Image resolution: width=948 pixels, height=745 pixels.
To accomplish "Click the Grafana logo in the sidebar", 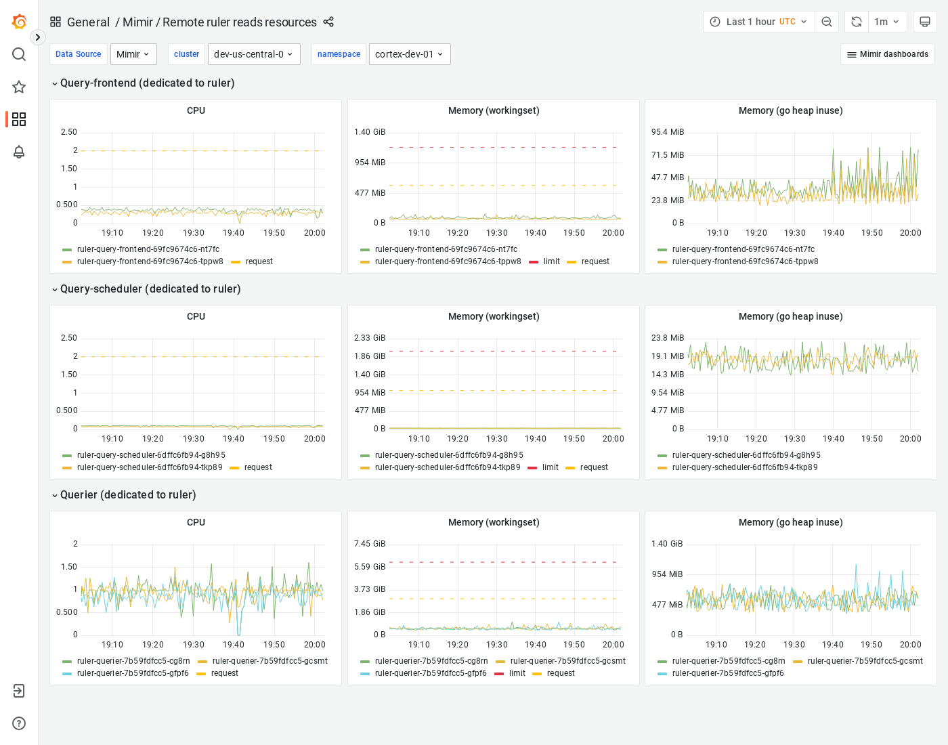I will click(x=19, y=22).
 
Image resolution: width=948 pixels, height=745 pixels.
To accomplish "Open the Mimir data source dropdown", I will click(x=133, y=54).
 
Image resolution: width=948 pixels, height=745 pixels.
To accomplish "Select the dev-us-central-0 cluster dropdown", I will click(x=254, y=54).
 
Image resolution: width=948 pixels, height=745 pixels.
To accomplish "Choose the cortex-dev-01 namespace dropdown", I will click(x=410, y=54).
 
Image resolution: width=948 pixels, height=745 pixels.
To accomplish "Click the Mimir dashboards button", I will click(x=887, y=54).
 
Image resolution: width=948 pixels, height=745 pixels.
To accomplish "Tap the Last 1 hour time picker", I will click(x=758, y=22).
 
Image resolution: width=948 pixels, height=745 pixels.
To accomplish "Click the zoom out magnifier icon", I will click(x=827, y=22).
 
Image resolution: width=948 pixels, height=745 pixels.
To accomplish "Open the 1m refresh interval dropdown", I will click(x=886, y=22).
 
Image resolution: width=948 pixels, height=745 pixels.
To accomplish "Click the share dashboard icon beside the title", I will click(x=328, y=22).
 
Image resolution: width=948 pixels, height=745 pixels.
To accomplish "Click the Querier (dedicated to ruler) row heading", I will click(x=128, y=495).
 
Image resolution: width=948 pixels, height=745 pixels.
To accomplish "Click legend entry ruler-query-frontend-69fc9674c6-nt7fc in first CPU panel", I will click(x=148, y=249).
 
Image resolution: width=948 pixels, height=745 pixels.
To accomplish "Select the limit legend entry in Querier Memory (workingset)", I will click(x=517, y=673).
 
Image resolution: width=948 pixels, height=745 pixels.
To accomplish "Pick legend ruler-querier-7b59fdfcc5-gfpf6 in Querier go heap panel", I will click(x=728, y=673).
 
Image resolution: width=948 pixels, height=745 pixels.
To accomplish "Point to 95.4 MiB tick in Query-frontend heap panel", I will click(x=667, y=132).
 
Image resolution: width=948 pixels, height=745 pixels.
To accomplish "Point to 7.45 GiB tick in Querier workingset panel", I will click(x=370, y=544).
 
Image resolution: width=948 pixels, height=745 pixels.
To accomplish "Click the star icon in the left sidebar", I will click(x=19, y=87).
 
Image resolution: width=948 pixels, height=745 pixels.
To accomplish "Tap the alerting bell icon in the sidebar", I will click(x=19, y=152).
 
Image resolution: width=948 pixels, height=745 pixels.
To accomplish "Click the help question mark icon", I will click(x=19, y=723).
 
